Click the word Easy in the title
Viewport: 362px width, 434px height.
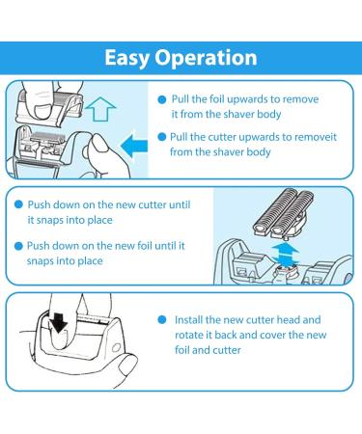pyautogui.click(x=126, y=59)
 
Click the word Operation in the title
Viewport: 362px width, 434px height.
pyautogui.click(x=206, y=58)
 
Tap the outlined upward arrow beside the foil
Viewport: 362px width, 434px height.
pyautogui.click(x=101, y=109)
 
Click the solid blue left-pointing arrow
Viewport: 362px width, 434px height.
pyautogui.click(x=134, y=146)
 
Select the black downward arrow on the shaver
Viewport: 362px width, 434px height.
pyautogui.click(x=59, y=322)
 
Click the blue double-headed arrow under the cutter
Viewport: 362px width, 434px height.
pyautogui.click(x=285, y=255)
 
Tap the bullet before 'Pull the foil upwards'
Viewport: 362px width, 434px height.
pyautogui.click(x=162, y=99)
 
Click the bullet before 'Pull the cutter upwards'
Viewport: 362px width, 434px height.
pyautogui.click(x=162, y=137)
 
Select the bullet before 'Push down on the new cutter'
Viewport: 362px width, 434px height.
pyautogui.click(x=19, y=204)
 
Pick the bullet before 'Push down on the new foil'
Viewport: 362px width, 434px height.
pyautogui.click(x=19, y=246)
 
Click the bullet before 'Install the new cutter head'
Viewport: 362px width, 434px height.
pyautogui.click(x=162, y=320)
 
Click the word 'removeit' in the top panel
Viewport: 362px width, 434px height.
pyautogui.click(x=316, y=137)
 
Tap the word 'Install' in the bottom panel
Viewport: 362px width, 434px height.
pyautogui.click(x=188, y=320)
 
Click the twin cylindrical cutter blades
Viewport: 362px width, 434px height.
pyautogui.click(x=284, y=211)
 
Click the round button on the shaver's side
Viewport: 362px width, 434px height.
pyautogui.click(x=116, y=348)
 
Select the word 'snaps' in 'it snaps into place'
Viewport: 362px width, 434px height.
pyautogui.click(x=50, y=221)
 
